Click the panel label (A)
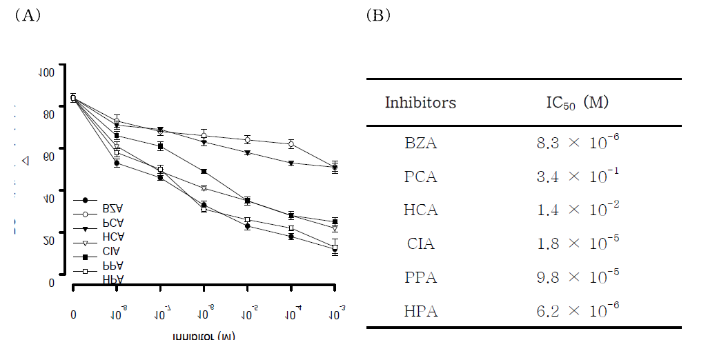point(28,16)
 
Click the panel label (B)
point(378,16)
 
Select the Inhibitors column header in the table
point(420,103)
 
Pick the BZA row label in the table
point(420,143)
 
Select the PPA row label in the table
point(420,277)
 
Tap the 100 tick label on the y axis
point(46,72)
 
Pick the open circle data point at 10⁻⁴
point(291,144)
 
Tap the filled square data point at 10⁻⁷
point(160,146)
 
